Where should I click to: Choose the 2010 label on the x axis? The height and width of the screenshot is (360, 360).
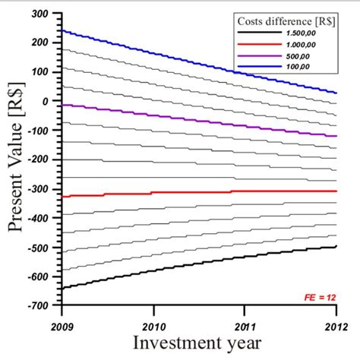tap(153, 318)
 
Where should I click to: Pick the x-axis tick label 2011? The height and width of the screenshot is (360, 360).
tap(245, 318)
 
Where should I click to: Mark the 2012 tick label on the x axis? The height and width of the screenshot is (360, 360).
tap(334, 318)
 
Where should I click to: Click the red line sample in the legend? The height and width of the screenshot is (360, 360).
tap(259, 45)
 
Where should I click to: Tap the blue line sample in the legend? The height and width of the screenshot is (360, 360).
tap(259, 67)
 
